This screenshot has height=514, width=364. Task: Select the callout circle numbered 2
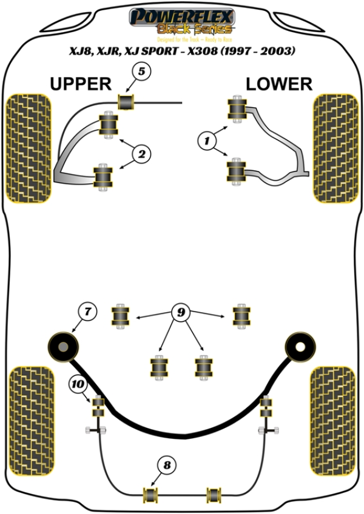click(x=141, y=155)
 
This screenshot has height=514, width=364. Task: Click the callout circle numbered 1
click(x=207, y=142)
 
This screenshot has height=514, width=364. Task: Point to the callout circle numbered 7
click(x=87, y=313)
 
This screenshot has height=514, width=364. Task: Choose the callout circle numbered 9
click(x=181, y=313)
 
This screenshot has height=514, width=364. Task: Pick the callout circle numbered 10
click(x=78, y=383)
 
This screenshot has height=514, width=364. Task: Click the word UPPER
click(x=80, y=84)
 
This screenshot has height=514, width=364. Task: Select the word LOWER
click(x=279, y=84)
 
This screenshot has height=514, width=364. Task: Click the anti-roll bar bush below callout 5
click(x=126, y=102)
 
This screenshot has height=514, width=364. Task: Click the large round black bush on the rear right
click(x=300, y=347)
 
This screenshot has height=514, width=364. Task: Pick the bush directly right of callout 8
click(x=214, y=494)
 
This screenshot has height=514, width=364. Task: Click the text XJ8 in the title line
click(x=79, y=52)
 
